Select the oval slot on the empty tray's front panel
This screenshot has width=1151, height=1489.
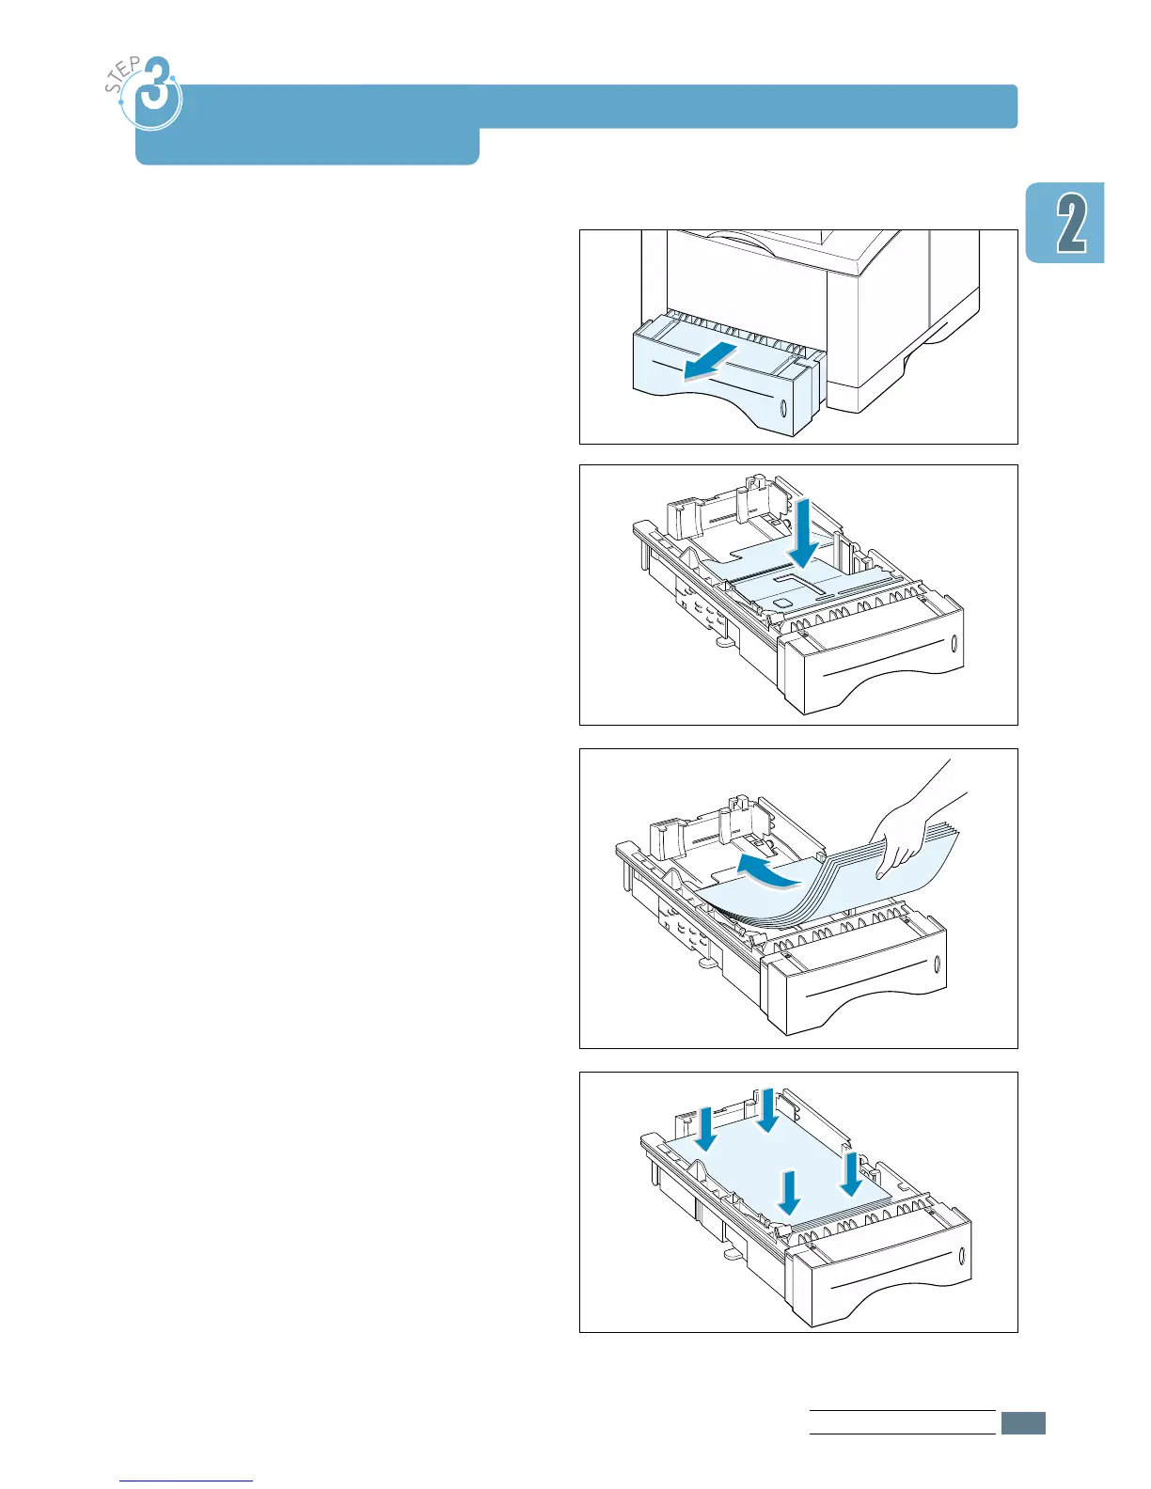coord(955,645)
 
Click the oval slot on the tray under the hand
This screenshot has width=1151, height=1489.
coord(937,965)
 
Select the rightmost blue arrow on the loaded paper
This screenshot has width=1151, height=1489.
coord(851,1175)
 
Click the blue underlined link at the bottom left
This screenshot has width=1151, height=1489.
coord(186,1480)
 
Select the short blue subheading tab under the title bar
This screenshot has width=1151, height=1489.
coord(307,147)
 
